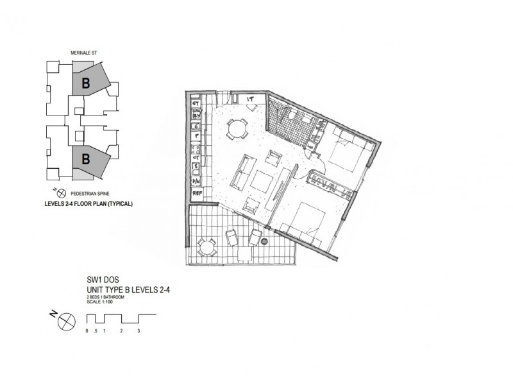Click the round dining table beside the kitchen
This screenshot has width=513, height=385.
coord(237,130)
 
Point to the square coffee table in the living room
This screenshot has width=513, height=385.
coord(261,182)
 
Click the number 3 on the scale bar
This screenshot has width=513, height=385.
coord(139,332)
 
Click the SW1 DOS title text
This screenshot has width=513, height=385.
coord(103,280)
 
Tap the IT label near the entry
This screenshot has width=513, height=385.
coord(252,99)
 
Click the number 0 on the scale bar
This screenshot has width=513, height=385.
coord(87,332)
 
